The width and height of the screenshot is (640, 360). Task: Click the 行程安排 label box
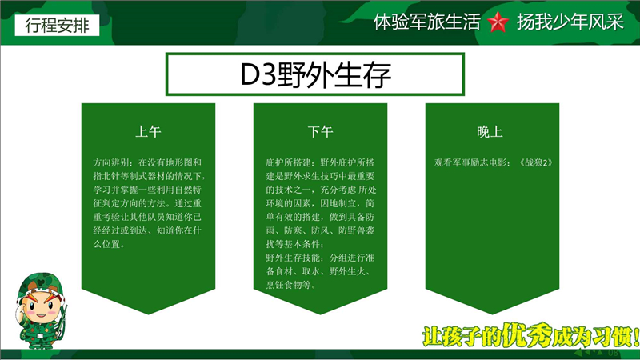pyautogui.click(x=57, y=26)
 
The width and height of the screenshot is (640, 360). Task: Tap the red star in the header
pyautogui.click(x=498, y=22)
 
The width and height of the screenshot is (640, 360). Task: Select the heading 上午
pyautogui.click(x=148, y=131)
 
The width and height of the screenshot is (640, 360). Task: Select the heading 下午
pyautogui.click(x=321, y=131)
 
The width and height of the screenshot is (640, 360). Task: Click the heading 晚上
pyautogui.click(x=490, y=131)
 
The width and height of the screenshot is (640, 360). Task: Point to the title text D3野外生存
pyautogui.click(x=315, y=74)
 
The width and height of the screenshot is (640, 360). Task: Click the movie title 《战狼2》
pyautogui.click(x=536, y=162)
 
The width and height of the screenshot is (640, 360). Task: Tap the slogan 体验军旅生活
pyautogui.click(x=427, y=22)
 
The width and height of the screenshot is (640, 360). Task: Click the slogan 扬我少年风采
pyautogui.click(x=570, y=22)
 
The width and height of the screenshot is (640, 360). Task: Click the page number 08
pyautogui.click(x=613, y=352)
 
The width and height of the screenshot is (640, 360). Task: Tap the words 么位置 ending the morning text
pyautogui.click(x=106, y=244)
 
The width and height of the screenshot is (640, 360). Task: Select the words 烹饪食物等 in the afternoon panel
pyautogui.click(x=288, y=285)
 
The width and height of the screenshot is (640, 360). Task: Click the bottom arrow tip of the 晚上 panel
pyautogui.click(x=492, y=314)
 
